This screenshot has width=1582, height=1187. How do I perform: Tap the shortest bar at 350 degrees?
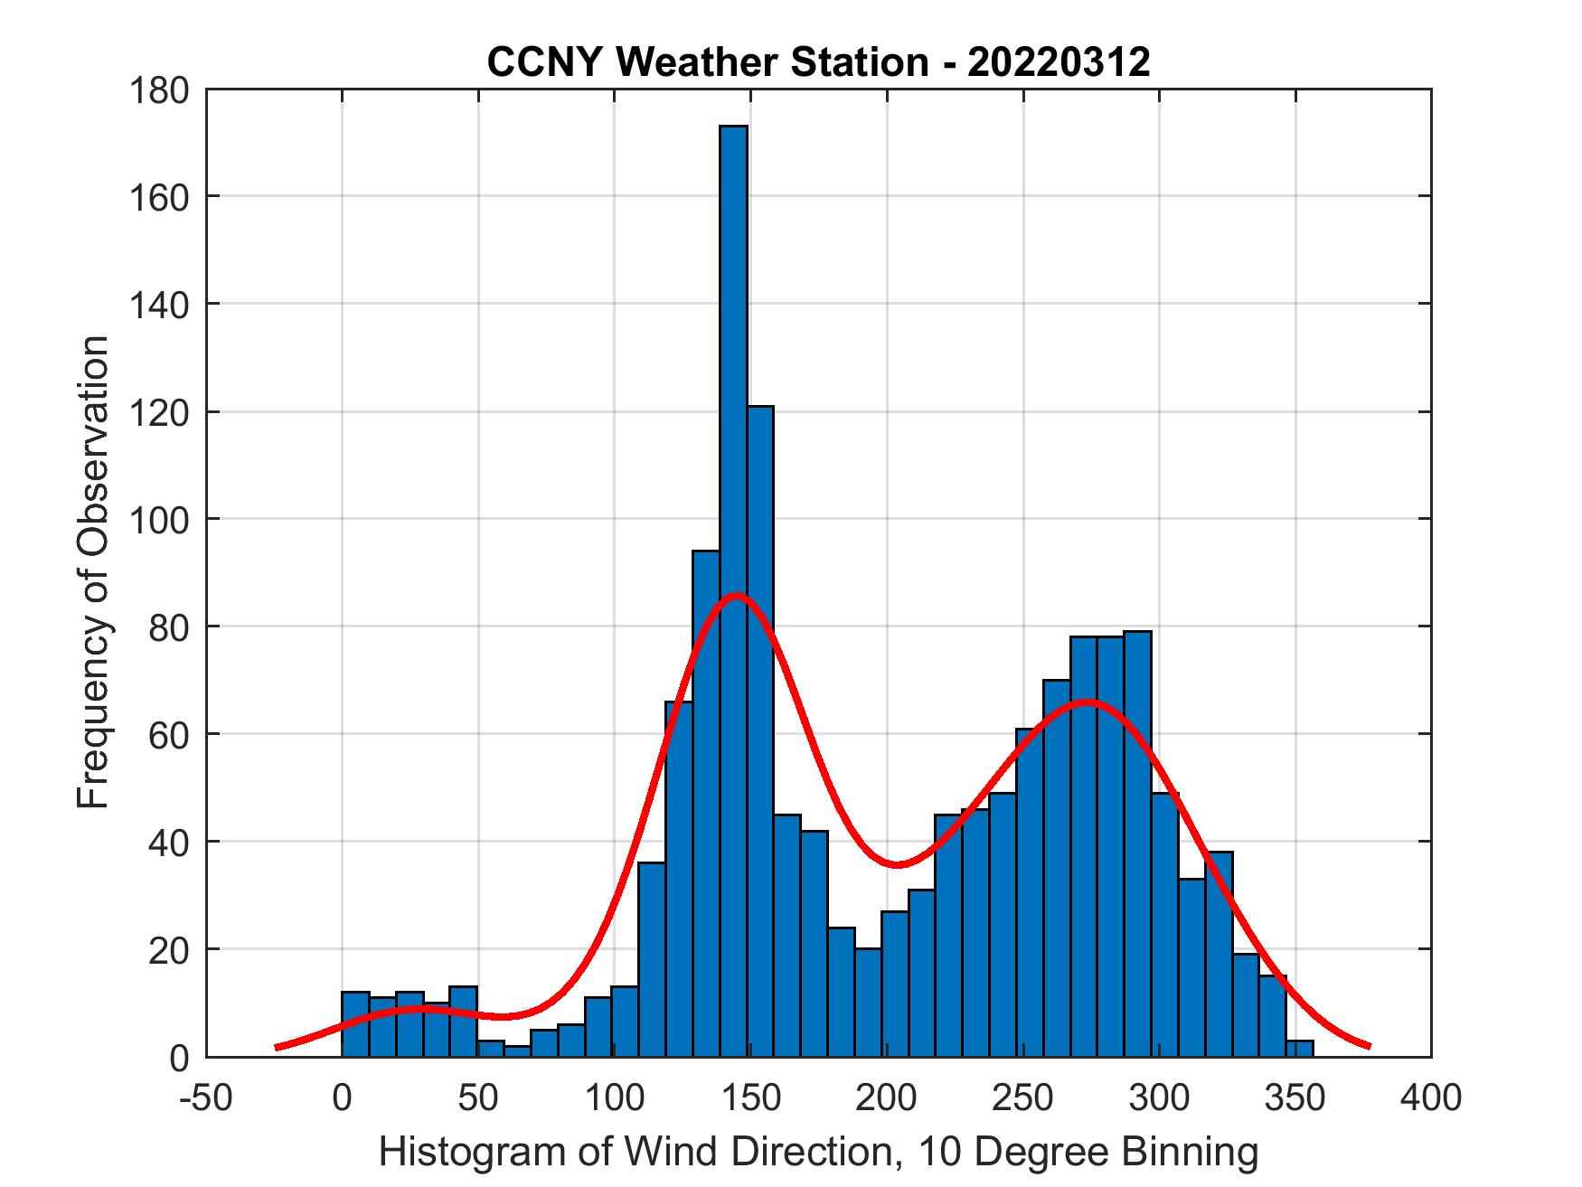click(x=1299, y=1048)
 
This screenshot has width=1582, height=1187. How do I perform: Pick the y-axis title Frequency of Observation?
click(x=92, y=572)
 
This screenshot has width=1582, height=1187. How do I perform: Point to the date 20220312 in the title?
click(x=1058, y=62)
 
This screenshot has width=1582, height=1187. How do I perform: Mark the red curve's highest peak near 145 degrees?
click(x=737, y=595)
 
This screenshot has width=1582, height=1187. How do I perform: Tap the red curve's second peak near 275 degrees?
click(x=1088, y=702)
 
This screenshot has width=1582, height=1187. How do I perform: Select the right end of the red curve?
click(x=1369, y=1046)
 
